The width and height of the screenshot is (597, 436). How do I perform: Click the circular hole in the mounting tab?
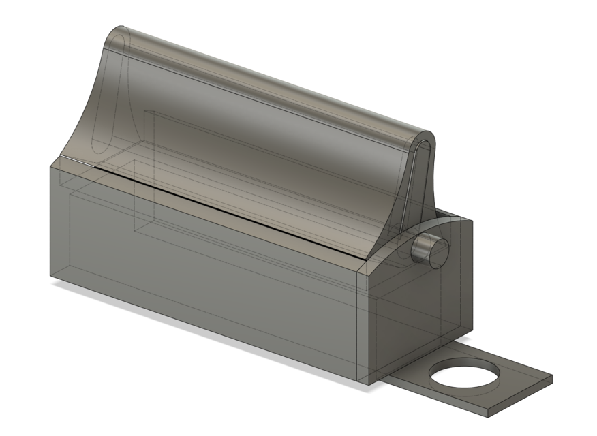(463, 377)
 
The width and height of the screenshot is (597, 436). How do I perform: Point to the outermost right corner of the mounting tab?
(551, 376)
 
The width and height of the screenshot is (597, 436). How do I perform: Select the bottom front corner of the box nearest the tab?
(368, 386)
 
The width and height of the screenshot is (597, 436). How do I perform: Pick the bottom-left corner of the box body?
(50, 277)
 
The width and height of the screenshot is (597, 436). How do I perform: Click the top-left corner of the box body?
(51, 166)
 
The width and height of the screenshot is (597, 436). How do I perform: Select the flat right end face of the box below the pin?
(416, 307)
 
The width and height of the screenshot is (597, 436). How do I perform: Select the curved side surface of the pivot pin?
(421, 247)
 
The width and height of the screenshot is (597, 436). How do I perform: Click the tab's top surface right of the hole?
(518, 375)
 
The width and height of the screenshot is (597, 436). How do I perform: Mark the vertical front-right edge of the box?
(359, 327)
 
